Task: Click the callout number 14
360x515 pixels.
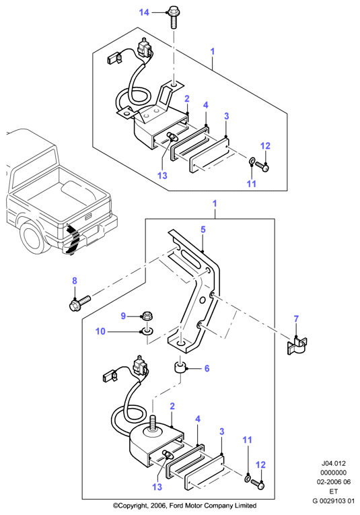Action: point(144,13)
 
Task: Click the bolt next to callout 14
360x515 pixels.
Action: point(173,16)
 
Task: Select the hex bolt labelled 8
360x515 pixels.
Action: point(80,303)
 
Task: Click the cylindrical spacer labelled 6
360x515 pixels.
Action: point(180,368)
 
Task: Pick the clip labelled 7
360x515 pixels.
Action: point(297,346)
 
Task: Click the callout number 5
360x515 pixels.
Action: point(203,230)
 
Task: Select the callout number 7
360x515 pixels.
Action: point(296,318)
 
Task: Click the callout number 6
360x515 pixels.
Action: point(207,368)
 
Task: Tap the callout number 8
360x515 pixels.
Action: point(75,281)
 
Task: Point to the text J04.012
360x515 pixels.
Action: point(333,463)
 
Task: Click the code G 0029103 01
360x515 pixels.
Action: point(333,502)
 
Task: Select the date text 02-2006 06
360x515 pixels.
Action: point(333,482)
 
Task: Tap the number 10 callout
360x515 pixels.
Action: point(100,331)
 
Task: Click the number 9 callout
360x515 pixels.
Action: point(123,316)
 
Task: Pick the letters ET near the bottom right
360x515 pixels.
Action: point(333,491)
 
